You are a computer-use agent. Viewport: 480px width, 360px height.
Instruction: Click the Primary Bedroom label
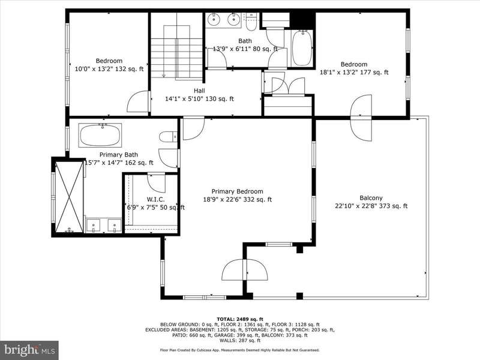[237, 191]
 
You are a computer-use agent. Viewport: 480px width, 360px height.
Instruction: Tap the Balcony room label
[371, 198]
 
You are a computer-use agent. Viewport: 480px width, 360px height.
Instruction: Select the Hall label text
[199, 91]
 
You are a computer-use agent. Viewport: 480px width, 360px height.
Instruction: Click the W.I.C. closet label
[156, 199]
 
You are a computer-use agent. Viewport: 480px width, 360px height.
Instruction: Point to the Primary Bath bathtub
[100, 134]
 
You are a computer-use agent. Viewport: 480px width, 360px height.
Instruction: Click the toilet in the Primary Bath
[168, 137]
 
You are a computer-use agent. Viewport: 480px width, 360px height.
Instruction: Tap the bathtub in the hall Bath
[302, 48]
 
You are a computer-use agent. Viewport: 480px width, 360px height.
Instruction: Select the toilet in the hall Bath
[251, 22]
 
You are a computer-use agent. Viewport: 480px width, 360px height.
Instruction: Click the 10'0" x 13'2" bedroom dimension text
[109, 69]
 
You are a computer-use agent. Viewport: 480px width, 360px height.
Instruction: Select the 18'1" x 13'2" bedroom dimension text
[354, 72]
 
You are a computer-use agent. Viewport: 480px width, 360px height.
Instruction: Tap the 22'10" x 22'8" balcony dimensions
[371, 206]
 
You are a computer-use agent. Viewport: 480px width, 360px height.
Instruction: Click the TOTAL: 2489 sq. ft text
[240, 319]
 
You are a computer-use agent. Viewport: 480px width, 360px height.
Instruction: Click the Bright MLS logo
[29, 350]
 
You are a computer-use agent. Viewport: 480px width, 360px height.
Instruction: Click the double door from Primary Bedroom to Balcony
[245, 269]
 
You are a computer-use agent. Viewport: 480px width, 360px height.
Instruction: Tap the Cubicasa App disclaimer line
[240, 350]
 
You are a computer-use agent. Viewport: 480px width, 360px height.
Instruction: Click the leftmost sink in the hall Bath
[214, 19]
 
